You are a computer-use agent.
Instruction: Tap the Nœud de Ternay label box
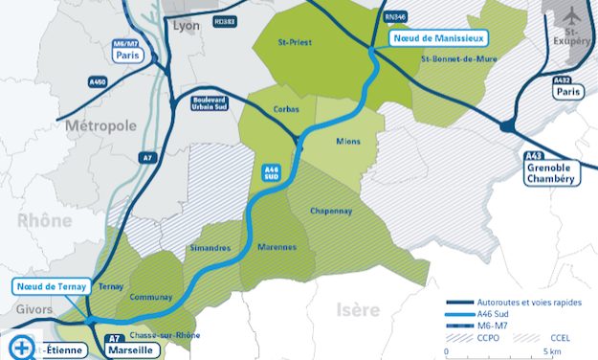(50, 286)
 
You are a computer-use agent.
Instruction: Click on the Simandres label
(210, 249)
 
